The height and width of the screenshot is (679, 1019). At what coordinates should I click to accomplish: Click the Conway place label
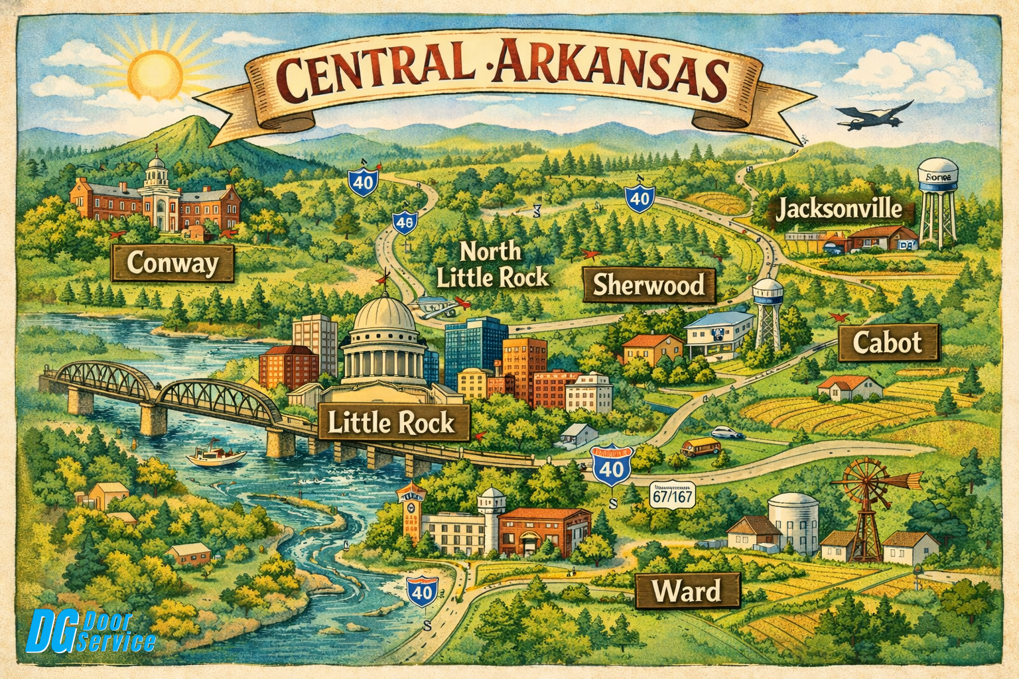tap(172, 263)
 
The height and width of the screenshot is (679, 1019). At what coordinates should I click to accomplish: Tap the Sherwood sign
tap(648, 285)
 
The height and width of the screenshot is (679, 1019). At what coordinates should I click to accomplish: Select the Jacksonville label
tap(839, 210)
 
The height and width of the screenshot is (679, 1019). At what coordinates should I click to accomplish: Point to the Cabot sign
tap(888, 343)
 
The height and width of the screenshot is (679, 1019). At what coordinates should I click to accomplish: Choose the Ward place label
tap(687, 591)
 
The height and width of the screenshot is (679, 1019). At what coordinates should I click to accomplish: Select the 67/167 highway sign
tap(671, 497)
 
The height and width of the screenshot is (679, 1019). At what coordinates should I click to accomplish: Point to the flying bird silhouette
tap(872, 116)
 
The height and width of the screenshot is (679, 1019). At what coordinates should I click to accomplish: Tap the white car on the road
tap(727, 433)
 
